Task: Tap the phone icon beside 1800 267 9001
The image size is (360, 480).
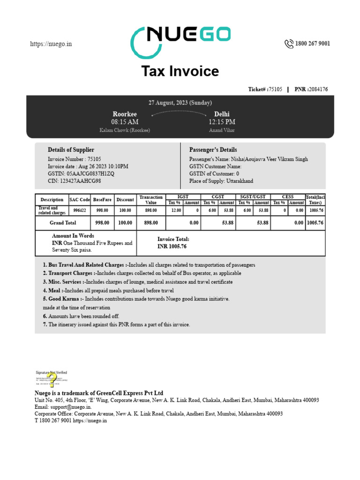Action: pos(288,44)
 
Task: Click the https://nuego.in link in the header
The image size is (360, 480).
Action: pos(51,44)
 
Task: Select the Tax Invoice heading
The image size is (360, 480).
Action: pos(180,71)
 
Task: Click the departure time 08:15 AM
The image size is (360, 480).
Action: pos(125,122)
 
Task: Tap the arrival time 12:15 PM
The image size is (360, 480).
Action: pos(222,122)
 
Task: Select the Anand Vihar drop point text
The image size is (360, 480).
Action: pos(222,130)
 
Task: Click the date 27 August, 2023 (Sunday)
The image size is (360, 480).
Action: pos(180,103)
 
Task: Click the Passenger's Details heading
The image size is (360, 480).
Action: pos(213,150)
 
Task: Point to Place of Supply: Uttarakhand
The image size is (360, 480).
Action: pos(221,181)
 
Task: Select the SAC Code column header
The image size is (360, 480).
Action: pos(80,200)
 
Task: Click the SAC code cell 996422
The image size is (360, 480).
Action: pos(80,210)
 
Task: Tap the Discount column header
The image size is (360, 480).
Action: pos(125,200)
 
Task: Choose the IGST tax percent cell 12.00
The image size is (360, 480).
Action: pos(176,210)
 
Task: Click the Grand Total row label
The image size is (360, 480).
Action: pos(63,223)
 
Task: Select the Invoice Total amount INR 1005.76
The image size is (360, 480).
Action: pos(172,246)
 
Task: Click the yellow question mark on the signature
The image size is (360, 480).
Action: pos(52,379)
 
